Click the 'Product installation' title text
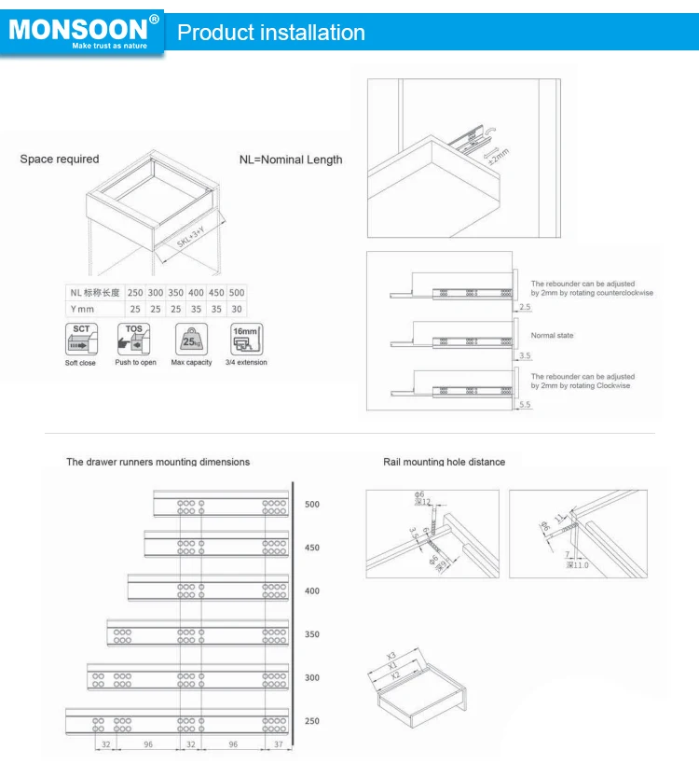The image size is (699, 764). tap(271, 33)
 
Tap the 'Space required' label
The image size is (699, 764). tap(60, 160)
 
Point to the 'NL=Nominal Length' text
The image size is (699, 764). tap(289, 160)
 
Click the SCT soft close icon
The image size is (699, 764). tap(80, 338)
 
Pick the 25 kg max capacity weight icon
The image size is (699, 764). tap(191, 338)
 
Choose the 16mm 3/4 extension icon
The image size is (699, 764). tap(247, 338)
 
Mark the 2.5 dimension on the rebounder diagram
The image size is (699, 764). tap(524, 306)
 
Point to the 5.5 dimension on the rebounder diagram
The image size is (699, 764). tap(524, 405)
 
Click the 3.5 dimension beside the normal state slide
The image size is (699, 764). tap(524, 355)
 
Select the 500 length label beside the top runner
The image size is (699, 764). tap(311, 505)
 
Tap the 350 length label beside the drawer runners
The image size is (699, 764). tap(311, 634)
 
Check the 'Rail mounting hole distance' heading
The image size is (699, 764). tap(445, 462)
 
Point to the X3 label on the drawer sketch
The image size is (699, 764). tap(392, 654)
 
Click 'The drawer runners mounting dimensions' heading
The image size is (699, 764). tap(158, 462)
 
